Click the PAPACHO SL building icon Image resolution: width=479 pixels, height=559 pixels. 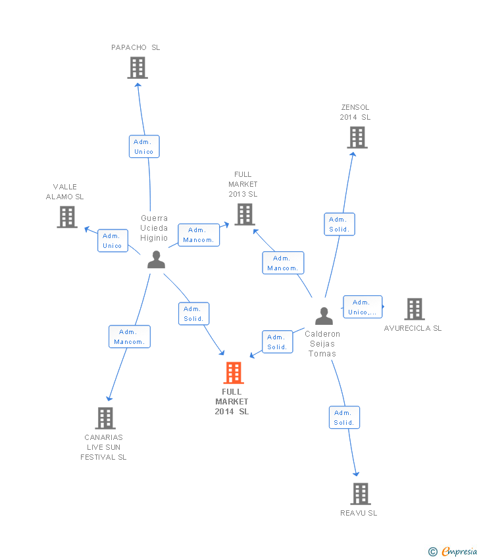pos(138,68)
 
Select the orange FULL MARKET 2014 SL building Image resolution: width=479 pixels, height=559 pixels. pos(234,372)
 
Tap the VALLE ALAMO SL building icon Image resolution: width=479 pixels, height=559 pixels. pos(67,217)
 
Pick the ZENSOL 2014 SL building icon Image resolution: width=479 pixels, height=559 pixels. pos(357,137)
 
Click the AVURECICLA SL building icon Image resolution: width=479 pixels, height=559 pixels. pos(415,308)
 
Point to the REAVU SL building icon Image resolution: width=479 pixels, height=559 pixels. pos(360,493)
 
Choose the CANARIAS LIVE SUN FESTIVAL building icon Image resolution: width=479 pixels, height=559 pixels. pos(105,418)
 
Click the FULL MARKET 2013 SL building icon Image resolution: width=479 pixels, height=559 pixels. pos(245,214)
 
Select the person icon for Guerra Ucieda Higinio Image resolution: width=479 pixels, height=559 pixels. pos(156,259)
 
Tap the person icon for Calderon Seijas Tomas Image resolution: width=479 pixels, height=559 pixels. pos(324,316)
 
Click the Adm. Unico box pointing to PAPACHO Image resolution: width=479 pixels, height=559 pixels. pos(144,147)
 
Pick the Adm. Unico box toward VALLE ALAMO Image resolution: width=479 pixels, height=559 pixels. pos(113,241)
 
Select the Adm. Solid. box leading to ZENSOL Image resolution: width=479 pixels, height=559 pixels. pos(340,224)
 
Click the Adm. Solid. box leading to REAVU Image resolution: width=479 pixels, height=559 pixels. pos(344,418)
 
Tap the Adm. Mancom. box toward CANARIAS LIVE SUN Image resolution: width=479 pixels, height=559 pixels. pos(130,337)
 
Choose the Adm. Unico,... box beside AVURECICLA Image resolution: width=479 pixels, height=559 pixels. pos(363,307)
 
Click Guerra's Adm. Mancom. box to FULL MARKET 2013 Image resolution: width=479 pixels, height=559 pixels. pos(199,235)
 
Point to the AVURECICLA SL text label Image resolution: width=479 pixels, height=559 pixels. pos(413,328)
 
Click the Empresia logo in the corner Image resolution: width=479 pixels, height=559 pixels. pos(453,552)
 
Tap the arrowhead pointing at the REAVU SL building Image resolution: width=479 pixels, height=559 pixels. pos(356,474)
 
